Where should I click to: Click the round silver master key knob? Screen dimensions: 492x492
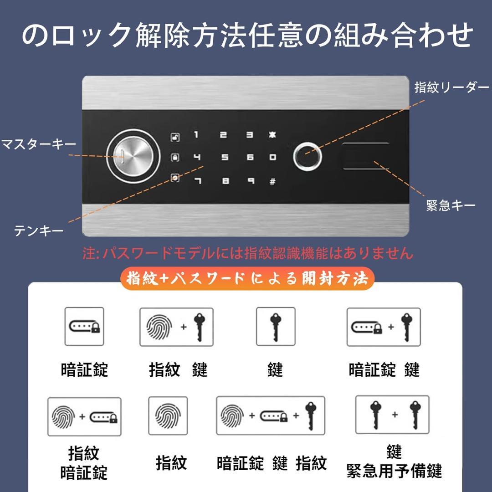click(x=133, y=157)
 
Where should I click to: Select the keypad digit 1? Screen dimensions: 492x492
click(x=196, y=135)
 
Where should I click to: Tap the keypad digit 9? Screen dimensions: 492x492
click(x=250, y=181)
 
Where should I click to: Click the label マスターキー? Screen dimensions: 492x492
click(x=39, y=145)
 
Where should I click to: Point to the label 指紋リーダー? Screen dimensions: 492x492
click(x=451, y=88)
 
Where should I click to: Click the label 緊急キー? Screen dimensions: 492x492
click(x=451, y=205)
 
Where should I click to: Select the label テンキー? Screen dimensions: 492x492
click(x=39, y=231)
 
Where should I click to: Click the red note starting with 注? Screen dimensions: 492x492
click(x=247, y=253)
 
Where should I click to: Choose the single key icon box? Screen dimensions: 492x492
click(x=276, y=326)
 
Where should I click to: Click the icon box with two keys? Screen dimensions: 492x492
click(x=392, y=415)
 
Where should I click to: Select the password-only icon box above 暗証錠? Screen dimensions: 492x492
click(x=84, y=326)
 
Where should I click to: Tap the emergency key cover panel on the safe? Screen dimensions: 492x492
click(x=366, y=156)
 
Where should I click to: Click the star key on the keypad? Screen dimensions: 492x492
click(x=272, y=135)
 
